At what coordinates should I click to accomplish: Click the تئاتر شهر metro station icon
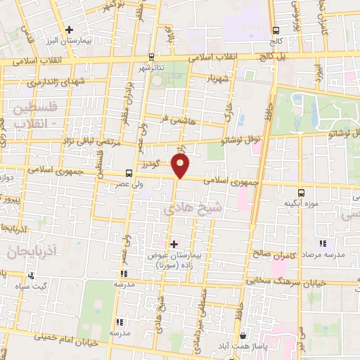pyautogui.click(x=151, y=56)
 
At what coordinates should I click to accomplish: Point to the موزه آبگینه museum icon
pyautogui.click(x=302, y=192)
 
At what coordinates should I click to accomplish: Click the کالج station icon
pyautogui.click(x=276, y=30)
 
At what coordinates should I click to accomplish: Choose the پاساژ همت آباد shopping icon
pyautogui.click(x=243, y=336)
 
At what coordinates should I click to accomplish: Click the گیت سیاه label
pyautogui.click(x=33, y=286)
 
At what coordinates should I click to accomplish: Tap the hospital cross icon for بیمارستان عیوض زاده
pyautogui.click(x=174, y=243)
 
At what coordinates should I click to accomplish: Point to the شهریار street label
pyautogui.click(x=214, y=79)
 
